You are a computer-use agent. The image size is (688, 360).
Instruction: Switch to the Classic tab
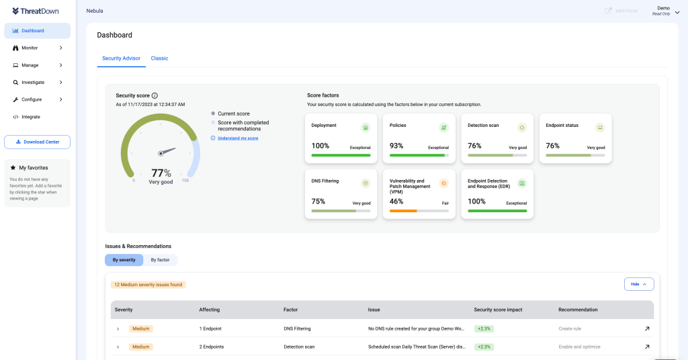(159, 58)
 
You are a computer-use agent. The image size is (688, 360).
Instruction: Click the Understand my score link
(237, 138)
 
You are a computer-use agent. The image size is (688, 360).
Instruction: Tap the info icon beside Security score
(155, 96)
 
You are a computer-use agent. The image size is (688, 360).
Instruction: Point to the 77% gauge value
(161, 173)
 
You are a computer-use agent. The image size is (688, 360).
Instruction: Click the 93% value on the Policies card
(396, 146)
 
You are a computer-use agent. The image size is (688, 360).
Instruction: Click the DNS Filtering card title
(325, 181)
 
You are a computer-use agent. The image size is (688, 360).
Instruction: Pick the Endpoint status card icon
(600, 128)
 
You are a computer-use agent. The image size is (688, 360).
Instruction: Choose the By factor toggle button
(160, 260)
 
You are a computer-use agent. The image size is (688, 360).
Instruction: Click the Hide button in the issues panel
(638, 284)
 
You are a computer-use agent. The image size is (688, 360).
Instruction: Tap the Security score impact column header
(498, 310)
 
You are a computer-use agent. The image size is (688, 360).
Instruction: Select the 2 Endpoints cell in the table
(212, 347)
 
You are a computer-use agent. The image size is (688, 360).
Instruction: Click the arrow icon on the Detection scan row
(647, 347)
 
